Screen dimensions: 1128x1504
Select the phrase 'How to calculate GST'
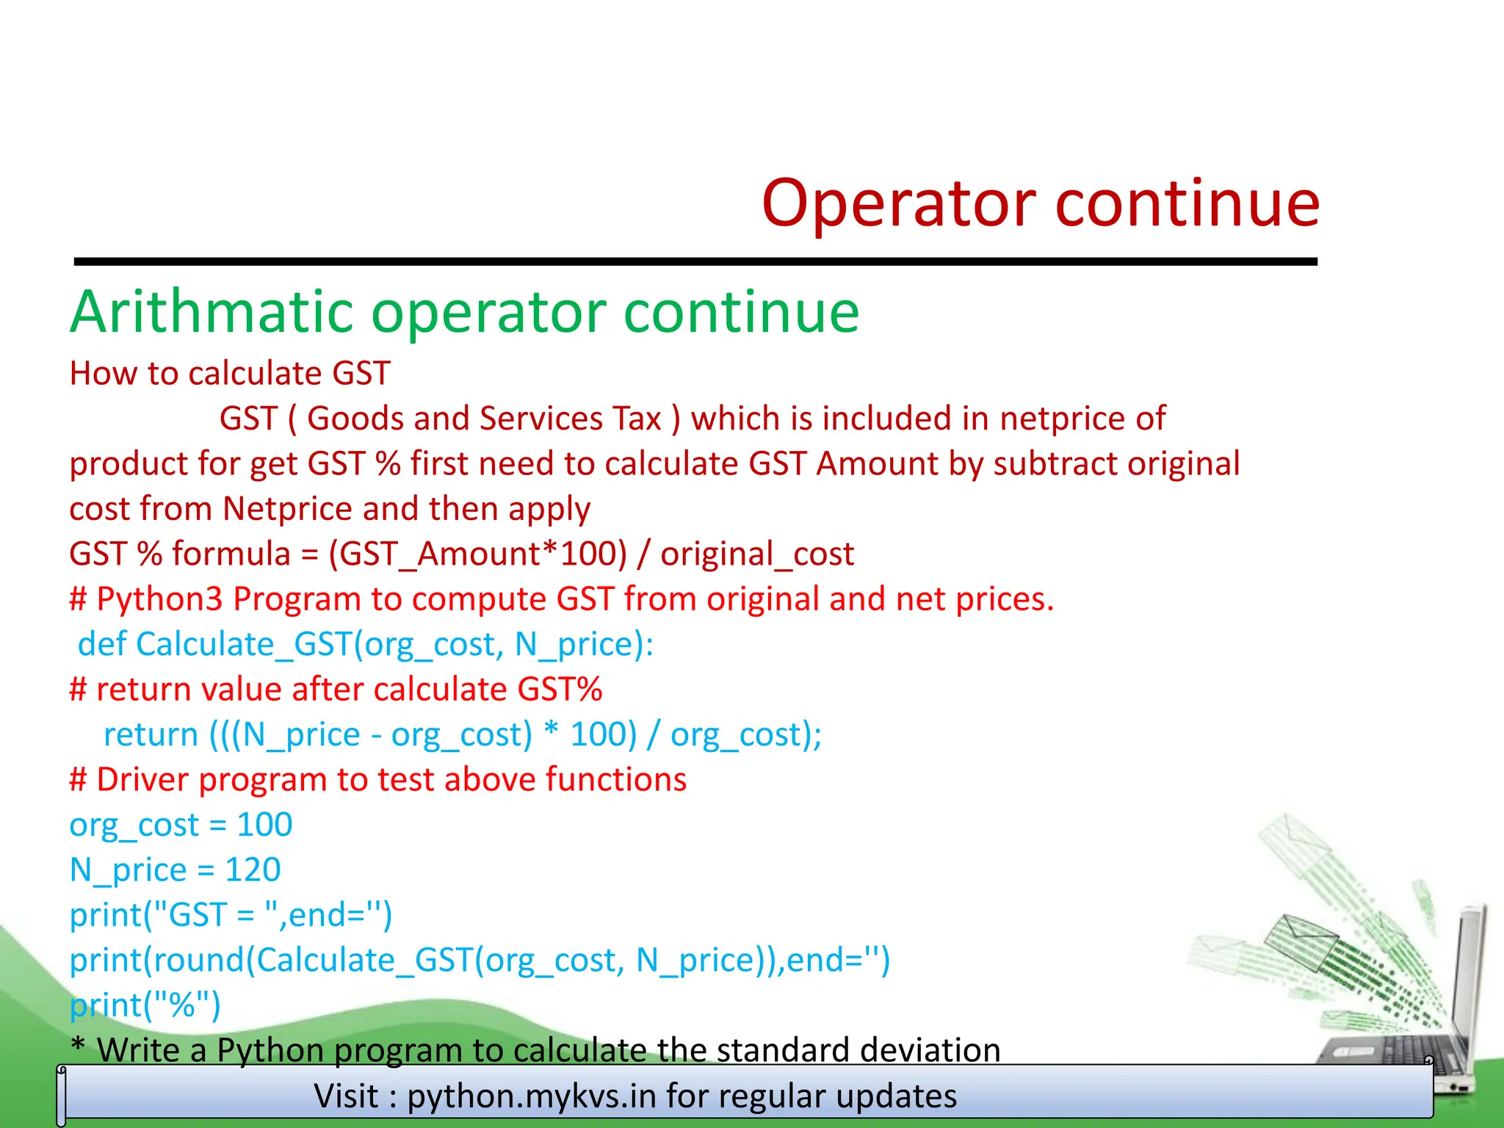point(229,373)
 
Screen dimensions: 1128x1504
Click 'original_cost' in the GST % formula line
point(756,554)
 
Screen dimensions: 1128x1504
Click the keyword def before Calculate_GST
point(102,644)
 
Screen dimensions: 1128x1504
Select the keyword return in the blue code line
point(151,734)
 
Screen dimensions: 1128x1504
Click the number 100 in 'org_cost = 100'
point(264,825)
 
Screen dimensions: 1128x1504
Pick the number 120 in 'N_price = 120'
point(253,870)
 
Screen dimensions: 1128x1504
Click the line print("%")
point(145,1005)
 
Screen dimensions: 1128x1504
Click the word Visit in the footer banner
point(346,1096)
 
